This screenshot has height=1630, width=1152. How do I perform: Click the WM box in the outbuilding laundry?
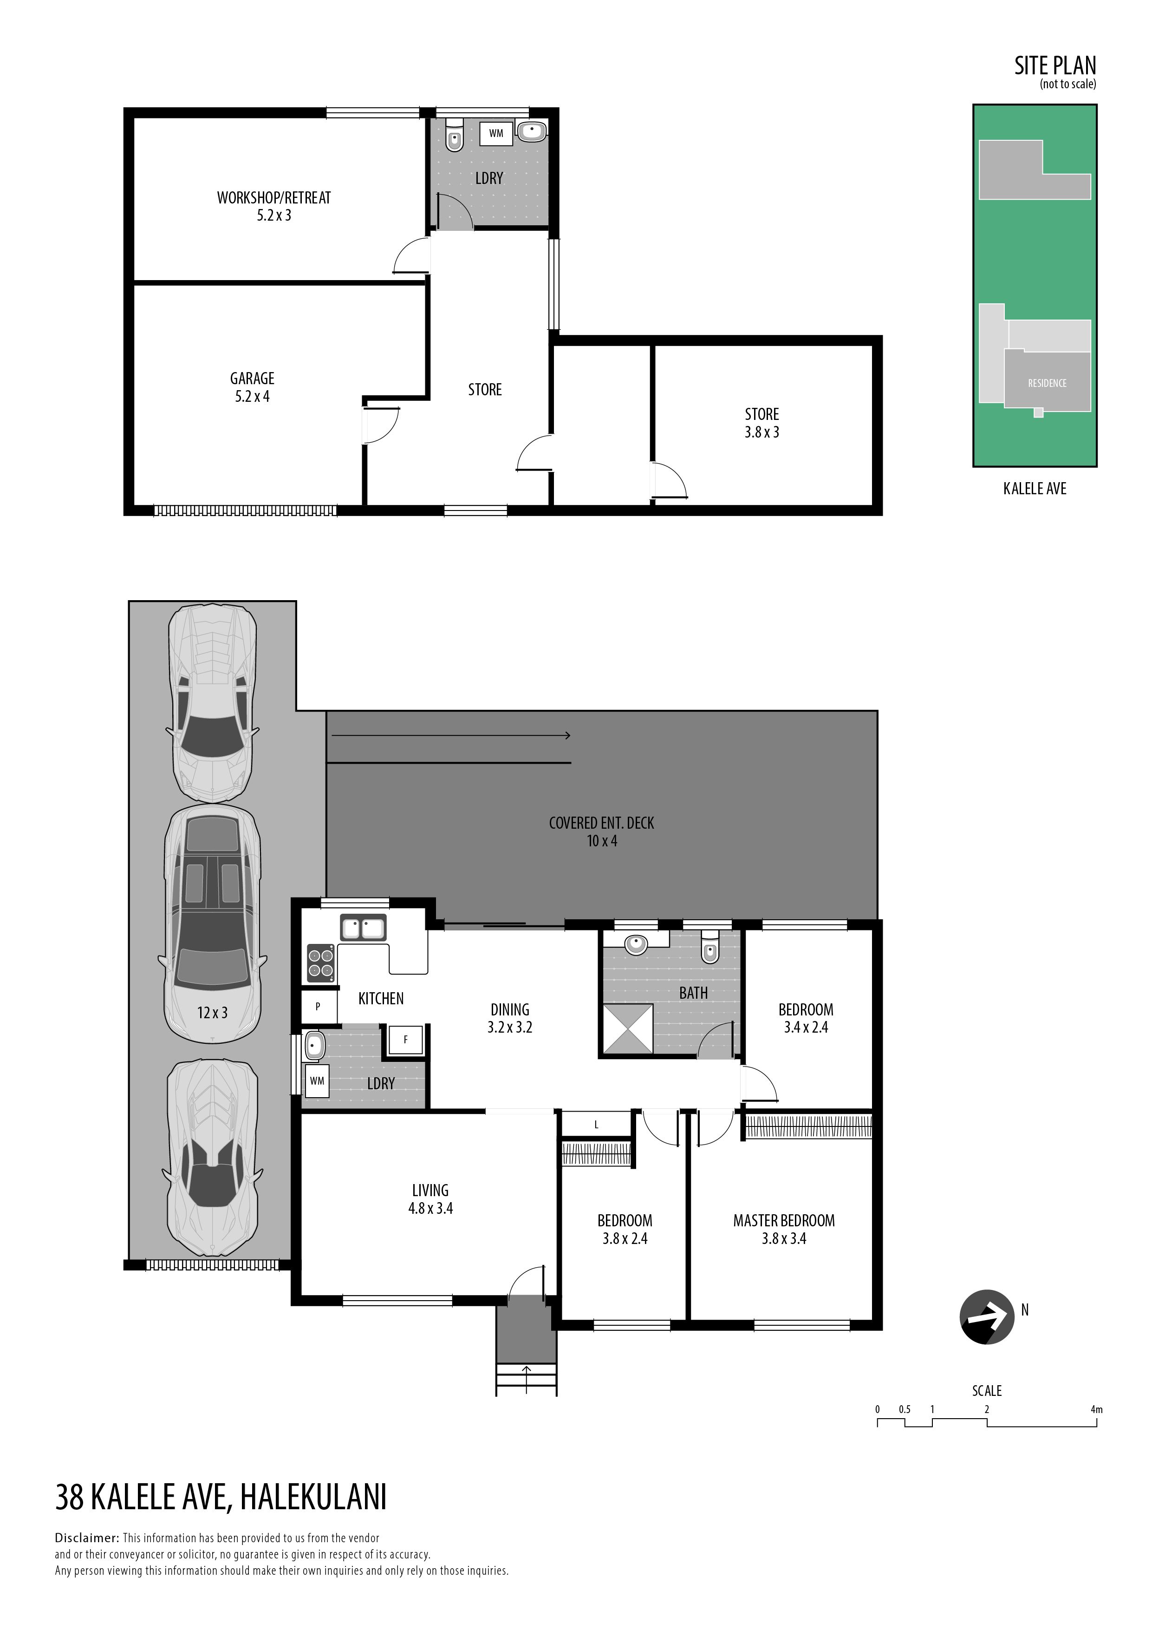coord(496,133)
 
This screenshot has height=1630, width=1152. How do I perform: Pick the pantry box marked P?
coord(317,1006)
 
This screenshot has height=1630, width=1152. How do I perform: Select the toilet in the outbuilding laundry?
coord(453,135)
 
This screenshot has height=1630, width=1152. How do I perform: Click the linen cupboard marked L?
coord(596,1125)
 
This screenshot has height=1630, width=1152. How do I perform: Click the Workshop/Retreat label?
coord(274,198)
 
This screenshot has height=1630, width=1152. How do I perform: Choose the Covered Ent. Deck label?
coord(601,823)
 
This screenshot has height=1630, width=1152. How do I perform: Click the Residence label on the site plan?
coord(1047,383)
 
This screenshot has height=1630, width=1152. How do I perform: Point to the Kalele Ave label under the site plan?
coord(1035,488)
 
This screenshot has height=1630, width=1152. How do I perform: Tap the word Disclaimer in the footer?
coord(86,1538)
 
